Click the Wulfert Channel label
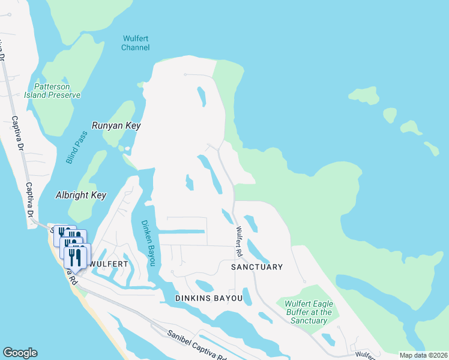(135, 43)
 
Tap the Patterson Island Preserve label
(52, 91)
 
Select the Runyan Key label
(116, 125)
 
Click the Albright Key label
(80, 195)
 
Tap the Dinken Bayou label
(148, 242)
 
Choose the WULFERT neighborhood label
(109, 263)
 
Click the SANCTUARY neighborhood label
(257, 266)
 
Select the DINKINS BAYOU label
(209, 298)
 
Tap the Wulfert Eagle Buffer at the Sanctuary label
(308, 312)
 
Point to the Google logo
(20, 353)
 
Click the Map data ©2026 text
(423, 355)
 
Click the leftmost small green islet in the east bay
(363, 95)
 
